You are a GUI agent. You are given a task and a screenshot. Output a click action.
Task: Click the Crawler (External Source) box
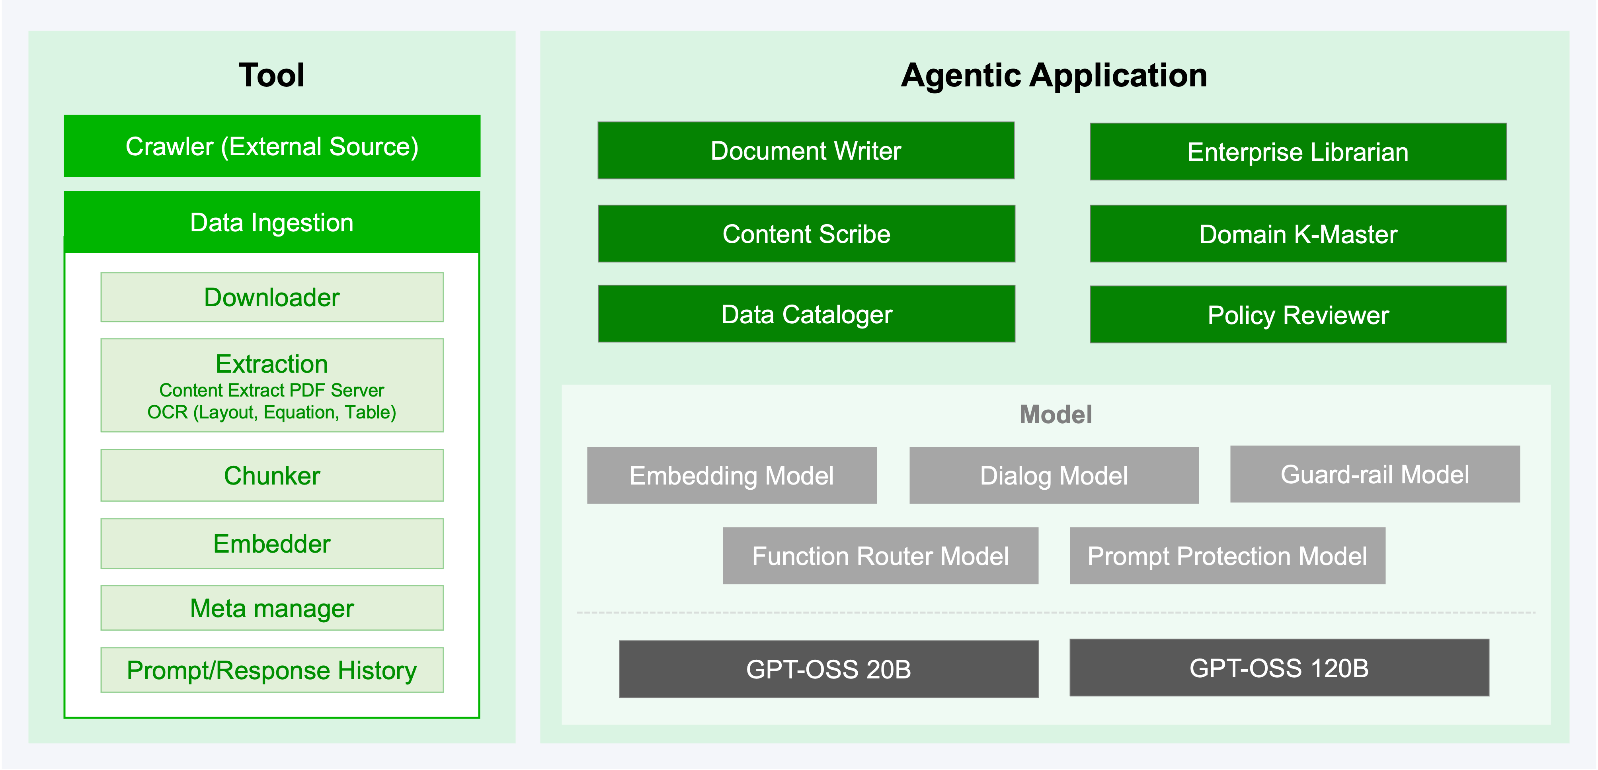pyautogui.click(x=272, y=147)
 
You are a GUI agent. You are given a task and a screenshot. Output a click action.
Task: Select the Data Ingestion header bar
pyautogui.click(x=272, y=223)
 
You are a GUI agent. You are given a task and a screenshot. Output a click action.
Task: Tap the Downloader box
pyautogui.click(x=272, y=297)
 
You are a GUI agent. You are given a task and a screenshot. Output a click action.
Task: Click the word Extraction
pyautogui.click(x=272, y=364)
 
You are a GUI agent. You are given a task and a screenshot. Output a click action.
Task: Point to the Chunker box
pyautogui.click(x=272, y=475)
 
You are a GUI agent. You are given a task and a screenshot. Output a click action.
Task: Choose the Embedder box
pyautogui.click(x=272, y=543)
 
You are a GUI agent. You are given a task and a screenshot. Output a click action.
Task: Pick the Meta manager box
pyautogui.click(x=272, y=608)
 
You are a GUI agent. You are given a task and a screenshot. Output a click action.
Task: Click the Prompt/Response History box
pyautogui.click(x=272, y=670)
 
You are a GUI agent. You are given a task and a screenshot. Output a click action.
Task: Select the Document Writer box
pyautogui.click(x=806, y=151)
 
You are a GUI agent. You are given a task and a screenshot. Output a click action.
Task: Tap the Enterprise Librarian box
pyautogui.click(x=1298, y=152)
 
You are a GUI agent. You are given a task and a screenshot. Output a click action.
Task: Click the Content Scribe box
pyautogui.click(x=806, y=234)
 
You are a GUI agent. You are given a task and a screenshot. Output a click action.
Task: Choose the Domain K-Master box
pyautogui.click(x=1298, y=234)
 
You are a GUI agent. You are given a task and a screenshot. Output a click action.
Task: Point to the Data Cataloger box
pyautogui.click(x=806, y=314)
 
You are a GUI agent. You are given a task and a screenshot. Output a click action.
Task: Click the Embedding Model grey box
pyautogui.click(x=732, y=475)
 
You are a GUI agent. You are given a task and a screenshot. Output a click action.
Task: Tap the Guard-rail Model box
pyautogui.click(x=1375, y=474)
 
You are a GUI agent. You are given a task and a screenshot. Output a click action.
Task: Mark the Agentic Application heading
pyautogui.click(x=1054, y=75)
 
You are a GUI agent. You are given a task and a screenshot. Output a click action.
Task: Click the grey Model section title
pyautogui.click(x=1055, y=414)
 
